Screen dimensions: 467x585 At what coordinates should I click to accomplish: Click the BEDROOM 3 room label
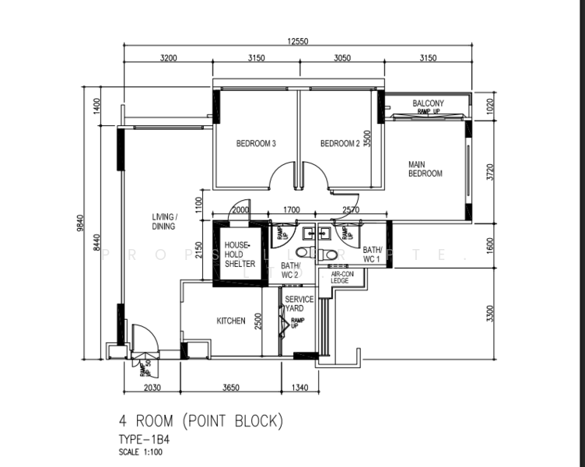(256, 143)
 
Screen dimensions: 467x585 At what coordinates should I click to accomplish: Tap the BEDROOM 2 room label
(340, 143)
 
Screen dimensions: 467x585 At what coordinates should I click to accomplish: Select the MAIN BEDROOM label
(425, 169)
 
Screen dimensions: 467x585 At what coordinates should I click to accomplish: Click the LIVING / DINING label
(163, 221)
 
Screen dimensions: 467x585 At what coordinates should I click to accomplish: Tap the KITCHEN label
(231, 321)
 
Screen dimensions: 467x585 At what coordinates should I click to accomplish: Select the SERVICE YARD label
(299, 304)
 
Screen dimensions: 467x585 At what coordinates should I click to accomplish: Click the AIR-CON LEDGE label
(339, 278)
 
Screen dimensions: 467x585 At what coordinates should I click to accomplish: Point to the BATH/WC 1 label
(372, 254)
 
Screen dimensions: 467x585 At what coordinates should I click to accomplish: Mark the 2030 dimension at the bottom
(151, 387)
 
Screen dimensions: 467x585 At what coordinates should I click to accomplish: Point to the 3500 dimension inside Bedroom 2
(367, 138)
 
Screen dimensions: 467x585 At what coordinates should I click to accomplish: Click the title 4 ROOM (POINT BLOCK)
(201, 421)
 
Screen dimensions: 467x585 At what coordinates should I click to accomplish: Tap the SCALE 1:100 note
(141, 452)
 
